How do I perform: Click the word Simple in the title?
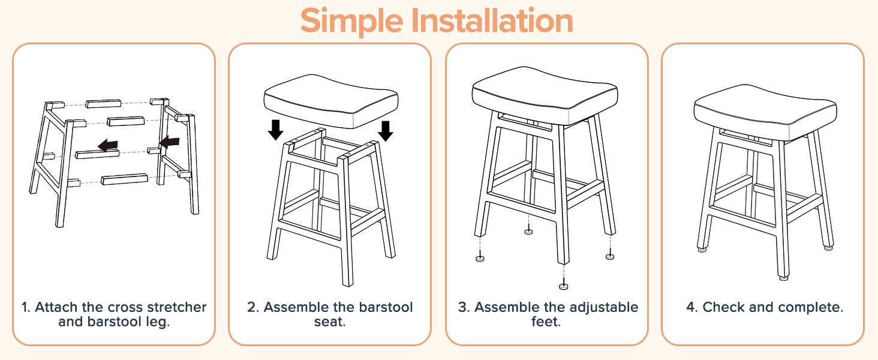coord(351,21)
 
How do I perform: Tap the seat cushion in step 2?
coord(331,101)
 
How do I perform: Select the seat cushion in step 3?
coord(545,95)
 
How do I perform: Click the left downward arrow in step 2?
coord(275,130)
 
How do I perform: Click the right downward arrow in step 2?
coord(385,131)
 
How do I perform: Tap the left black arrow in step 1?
coord(108,145)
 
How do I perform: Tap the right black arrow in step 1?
coord(169,142)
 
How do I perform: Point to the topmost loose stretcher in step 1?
coord(103,104)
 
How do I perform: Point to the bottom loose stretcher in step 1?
coord(125,179)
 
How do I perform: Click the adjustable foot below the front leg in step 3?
coord(563,286)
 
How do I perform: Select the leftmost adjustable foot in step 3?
coord(480,258)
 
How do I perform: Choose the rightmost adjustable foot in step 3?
coord(610,256)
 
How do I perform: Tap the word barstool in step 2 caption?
coord(386,307)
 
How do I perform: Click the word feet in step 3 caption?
coord(546,322)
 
